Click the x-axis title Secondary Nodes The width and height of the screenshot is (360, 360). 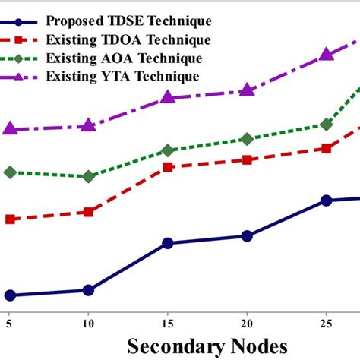[x=207, y=346]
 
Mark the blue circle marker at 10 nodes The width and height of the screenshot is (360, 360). [x=88, y=290]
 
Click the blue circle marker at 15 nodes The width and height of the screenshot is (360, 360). [x=168, y=244]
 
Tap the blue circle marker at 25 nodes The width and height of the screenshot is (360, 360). [x=326, y=201]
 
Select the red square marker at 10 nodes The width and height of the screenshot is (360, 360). [x=88, y=212]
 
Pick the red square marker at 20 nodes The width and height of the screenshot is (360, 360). [x=247, y=159]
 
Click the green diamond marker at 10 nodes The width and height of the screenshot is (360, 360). [x=88, y=176]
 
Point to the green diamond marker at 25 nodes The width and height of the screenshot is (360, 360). [x=326, y=125]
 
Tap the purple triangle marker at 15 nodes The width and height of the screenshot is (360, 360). [x=168, y=97]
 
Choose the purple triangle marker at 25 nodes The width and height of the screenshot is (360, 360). [x=326, y=54]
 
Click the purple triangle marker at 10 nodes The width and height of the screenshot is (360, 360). [x=88, y=125]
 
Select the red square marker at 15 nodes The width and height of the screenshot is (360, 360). [x=168, y=166]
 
